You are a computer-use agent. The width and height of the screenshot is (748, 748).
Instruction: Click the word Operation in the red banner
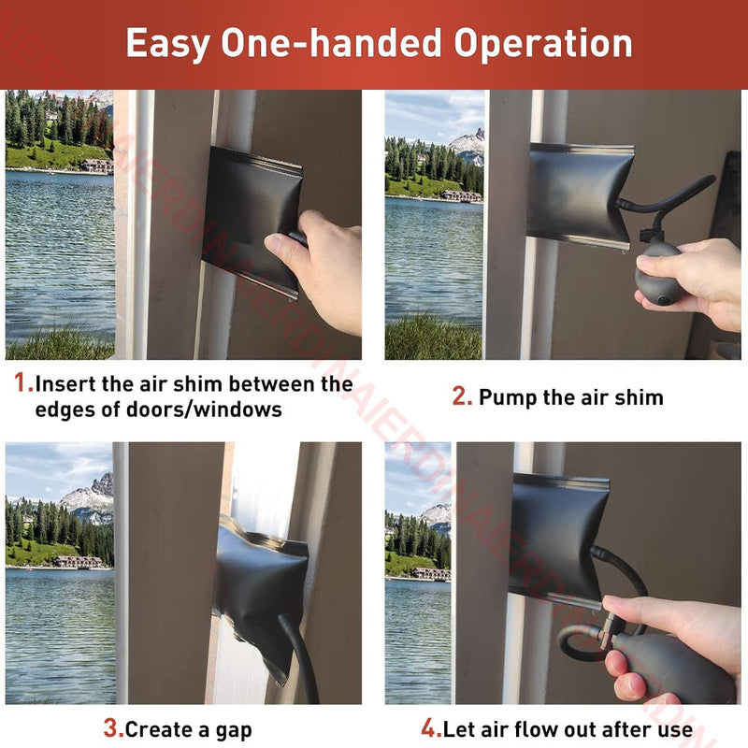click(x=543, y=44)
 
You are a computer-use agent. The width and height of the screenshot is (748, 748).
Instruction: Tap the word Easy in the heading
click(x=167, y=44)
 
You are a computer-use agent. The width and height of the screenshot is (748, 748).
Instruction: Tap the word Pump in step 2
click(x=507, y=398)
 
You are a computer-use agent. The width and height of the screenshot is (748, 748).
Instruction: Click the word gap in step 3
click(x=233, y=731)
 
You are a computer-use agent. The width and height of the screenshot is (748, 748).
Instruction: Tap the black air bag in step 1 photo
click(x=252, y=218)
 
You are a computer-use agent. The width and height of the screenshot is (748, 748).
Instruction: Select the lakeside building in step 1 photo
click(x=97, y=165)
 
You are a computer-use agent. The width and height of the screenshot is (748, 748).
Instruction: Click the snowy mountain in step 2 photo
click(x=467, y=145)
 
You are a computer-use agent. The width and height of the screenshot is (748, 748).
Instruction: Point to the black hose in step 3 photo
click(x=298, y=657)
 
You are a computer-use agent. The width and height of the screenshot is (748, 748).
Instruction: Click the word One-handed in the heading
click(x=331, y=44)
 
